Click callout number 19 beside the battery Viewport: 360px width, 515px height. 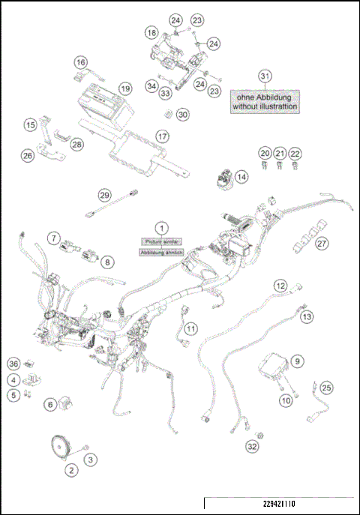(124, 88)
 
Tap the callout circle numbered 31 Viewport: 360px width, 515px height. (264, 76)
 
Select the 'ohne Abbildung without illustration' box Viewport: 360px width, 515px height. (265, 102)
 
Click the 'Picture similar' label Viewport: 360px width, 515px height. (160, 241)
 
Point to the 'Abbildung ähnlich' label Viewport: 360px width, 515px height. (160, 253)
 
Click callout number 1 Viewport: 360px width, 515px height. (160, 226)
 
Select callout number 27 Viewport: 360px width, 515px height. (322, 243)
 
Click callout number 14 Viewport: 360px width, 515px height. (241, 177)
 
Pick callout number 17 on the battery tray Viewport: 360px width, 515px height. (162, 136)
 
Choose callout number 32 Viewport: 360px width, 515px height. (253, 447)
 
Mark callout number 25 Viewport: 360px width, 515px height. (326, 388)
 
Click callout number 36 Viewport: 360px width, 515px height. (13, 364)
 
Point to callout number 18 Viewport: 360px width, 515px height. (152, 33)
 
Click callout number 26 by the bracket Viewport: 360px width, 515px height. (28, 156)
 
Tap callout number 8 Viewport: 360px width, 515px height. (107, 262)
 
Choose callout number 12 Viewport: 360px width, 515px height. (280, 286)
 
